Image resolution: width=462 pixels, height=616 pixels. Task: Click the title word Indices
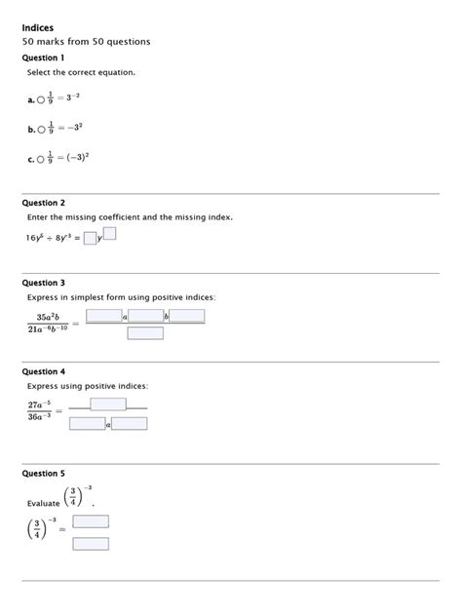click(x=38, y=27)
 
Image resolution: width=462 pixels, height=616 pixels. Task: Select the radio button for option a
click(x=41, y=99)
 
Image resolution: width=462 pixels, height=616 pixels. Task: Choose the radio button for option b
click(x=41, y=129)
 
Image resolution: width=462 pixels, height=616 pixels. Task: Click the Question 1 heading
click(x=43, y=58)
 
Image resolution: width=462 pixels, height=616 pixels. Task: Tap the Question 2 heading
click(x=43, y=203)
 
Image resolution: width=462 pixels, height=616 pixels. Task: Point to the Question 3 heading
click(x=43, y=283)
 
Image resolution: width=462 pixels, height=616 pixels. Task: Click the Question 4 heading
click(x=43, y=371)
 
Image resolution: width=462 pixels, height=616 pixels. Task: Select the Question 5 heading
click(x=43, y=473)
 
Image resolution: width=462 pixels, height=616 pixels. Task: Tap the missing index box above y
click(x=109, y=232)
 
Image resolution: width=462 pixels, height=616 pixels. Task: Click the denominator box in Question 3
click(x=145, y=332)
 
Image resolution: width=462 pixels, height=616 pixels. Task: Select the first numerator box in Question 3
click(x=103, y=315)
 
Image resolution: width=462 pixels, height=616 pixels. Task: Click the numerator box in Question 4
click(x=108, y=404)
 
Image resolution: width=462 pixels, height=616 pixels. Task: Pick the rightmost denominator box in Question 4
click(x=130, y=423)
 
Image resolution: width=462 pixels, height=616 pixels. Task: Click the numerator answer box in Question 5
click(x=91, y=521)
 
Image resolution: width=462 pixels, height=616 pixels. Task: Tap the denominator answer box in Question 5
click(x=91, y=543)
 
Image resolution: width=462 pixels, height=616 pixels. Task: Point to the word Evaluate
click(x=44, y=503)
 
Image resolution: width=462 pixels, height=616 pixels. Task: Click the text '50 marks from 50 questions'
click(x=86, y=43)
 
